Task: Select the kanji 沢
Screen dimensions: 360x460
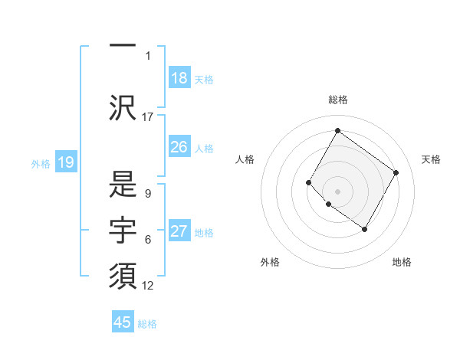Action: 123,107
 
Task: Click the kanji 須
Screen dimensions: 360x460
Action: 123,276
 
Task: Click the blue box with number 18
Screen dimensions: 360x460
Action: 179,78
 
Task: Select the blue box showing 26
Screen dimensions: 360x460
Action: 179,147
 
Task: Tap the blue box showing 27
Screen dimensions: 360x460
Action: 179,231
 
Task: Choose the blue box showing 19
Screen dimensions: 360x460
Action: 66,162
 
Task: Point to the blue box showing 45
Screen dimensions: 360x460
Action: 123,322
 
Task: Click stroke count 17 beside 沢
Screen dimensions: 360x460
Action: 148,116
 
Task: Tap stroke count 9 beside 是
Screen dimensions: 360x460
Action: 147,194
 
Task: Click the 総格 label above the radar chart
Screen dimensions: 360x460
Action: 337,100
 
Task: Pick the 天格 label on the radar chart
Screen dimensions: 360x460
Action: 431,159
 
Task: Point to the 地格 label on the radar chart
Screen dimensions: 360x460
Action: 402,262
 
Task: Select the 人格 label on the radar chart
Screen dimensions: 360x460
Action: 245,159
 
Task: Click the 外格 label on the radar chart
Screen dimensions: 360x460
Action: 270,262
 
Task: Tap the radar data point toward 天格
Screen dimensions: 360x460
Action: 396,172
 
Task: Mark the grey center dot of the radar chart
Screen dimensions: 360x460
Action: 337,191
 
